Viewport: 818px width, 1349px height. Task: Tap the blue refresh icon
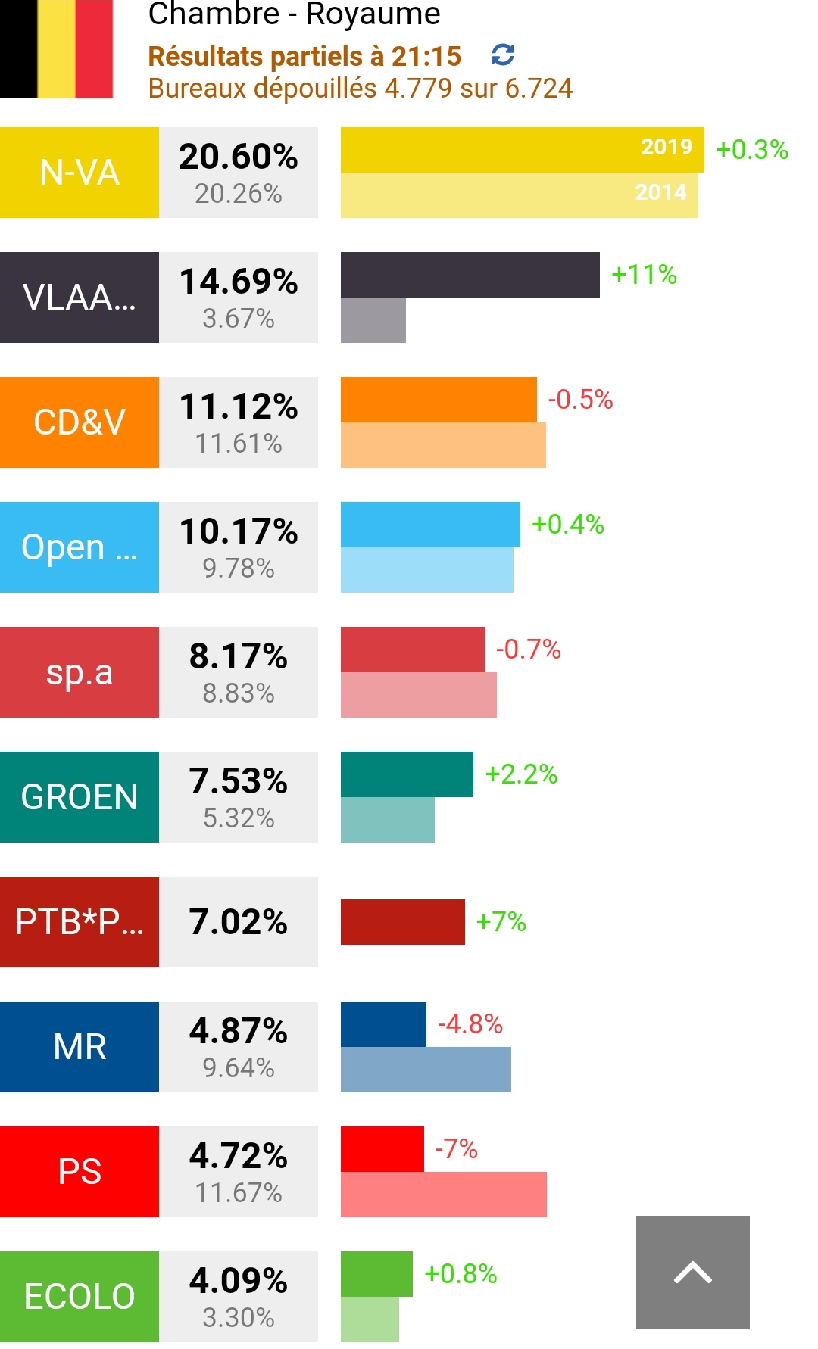[x=503, y=55]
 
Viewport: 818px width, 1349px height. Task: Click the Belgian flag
[x=57, y=48]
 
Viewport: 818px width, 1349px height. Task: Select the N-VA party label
[x=80, y=173]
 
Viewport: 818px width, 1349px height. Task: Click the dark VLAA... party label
[x=80, y=298]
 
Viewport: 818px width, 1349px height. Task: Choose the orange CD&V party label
[x=80, y=422]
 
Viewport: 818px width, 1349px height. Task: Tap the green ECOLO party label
[x=80, y=1296]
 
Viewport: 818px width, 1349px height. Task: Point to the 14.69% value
[x=239, y=282]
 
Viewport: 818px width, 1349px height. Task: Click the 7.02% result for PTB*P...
[x=239, y=922]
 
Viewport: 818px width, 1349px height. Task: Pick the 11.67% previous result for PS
[x=239, y=1193]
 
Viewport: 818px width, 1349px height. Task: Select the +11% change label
[x=644, y=274]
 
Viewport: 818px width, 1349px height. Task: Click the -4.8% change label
[x=470, y=1024]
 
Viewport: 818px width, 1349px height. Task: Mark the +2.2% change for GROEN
[x=521, y=774]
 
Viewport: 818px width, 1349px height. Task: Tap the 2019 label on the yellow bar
[x=667, y=147]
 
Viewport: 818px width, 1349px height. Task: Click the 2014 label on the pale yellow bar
[x=660, y=192]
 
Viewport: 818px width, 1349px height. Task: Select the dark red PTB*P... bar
[x=402, y=922]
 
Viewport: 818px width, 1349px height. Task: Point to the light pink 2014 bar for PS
[x=443, y=1195]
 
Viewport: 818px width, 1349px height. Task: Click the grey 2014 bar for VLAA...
[x=373, y=320]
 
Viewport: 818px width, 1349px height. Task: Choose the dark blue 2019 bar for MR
[x=383, y=1024]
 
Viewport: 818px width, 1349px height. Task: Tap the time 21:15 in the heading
[x=426, y=56]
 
